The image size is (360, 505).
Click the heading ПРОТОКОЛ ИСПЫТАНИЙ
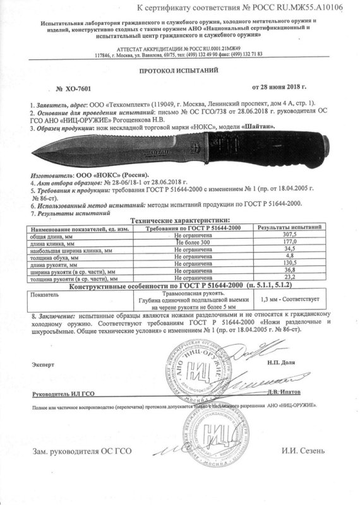point(179,72)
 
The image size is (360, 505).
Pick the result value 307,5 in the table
point(291,235)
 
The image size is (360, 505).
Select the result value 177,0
point(291,242)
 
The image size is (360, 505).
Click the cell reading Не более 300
point(192,242)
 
